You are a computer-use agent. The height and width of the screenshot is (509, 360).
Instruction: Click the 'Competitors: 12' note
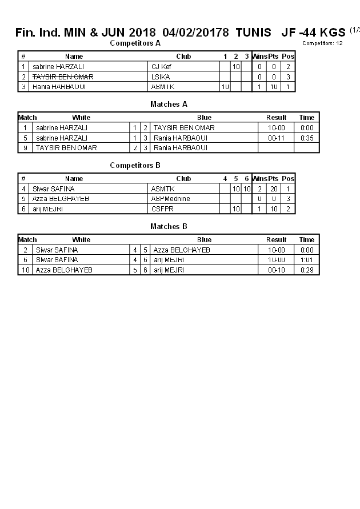(x=322, y=43)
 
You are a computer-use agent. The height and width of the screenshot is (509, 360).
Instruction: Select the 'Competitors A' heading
(x=135, y=43)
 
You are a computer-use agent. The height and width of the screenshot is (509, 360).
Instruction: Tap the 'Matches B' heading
(x=169, y=227)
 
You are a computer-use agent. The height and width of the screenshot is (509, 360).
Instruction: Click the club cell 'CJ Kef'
(x=161, y=67)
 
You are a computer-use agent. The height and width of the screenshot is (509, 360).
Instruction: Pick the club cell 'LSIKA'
(x=161, y=77)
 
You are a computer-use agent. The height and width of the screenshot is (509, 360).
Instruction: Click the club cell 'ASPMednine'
(x=170, y=199)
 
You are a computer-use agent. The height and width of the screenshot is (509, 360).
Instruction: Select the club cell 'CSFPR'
(x=162, y=209)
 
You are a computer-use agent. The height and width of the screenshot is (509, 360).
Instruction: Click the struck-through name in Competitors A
(x=63, y=77)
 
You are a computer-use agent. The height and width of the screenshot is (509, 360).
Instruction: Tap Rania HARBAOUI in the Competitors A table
(x=59, y=87)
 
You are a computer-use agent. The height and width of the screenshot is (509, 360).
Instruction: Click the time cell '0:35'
(x=307, y=138)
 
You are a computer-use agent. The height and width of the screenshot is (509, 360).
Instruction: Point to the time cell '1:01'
(x=307, y=260)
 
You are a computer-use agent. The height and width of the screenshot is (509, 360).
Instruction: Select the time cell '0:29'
(x=307, y=270)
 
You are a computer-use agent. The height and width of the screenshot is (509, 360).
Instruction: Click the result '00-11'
(x=276, y=138)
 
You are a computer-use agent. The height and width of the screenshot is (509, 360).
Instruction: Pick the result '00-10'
(x=276, y=270)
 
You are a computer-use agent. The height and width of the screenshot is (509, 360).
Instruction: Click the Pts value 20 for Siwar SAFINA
(x=273, y=189)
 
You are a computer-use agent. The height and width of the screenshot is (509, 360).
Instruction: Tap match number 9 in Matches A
(x=26, y=148)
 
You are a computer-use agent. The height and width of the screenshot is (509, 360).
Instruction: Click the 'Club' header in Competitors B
(x=183, y=179)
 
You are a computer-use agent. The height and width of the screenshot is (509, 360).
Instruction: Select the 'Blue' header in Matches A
(x=204, y=118)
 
